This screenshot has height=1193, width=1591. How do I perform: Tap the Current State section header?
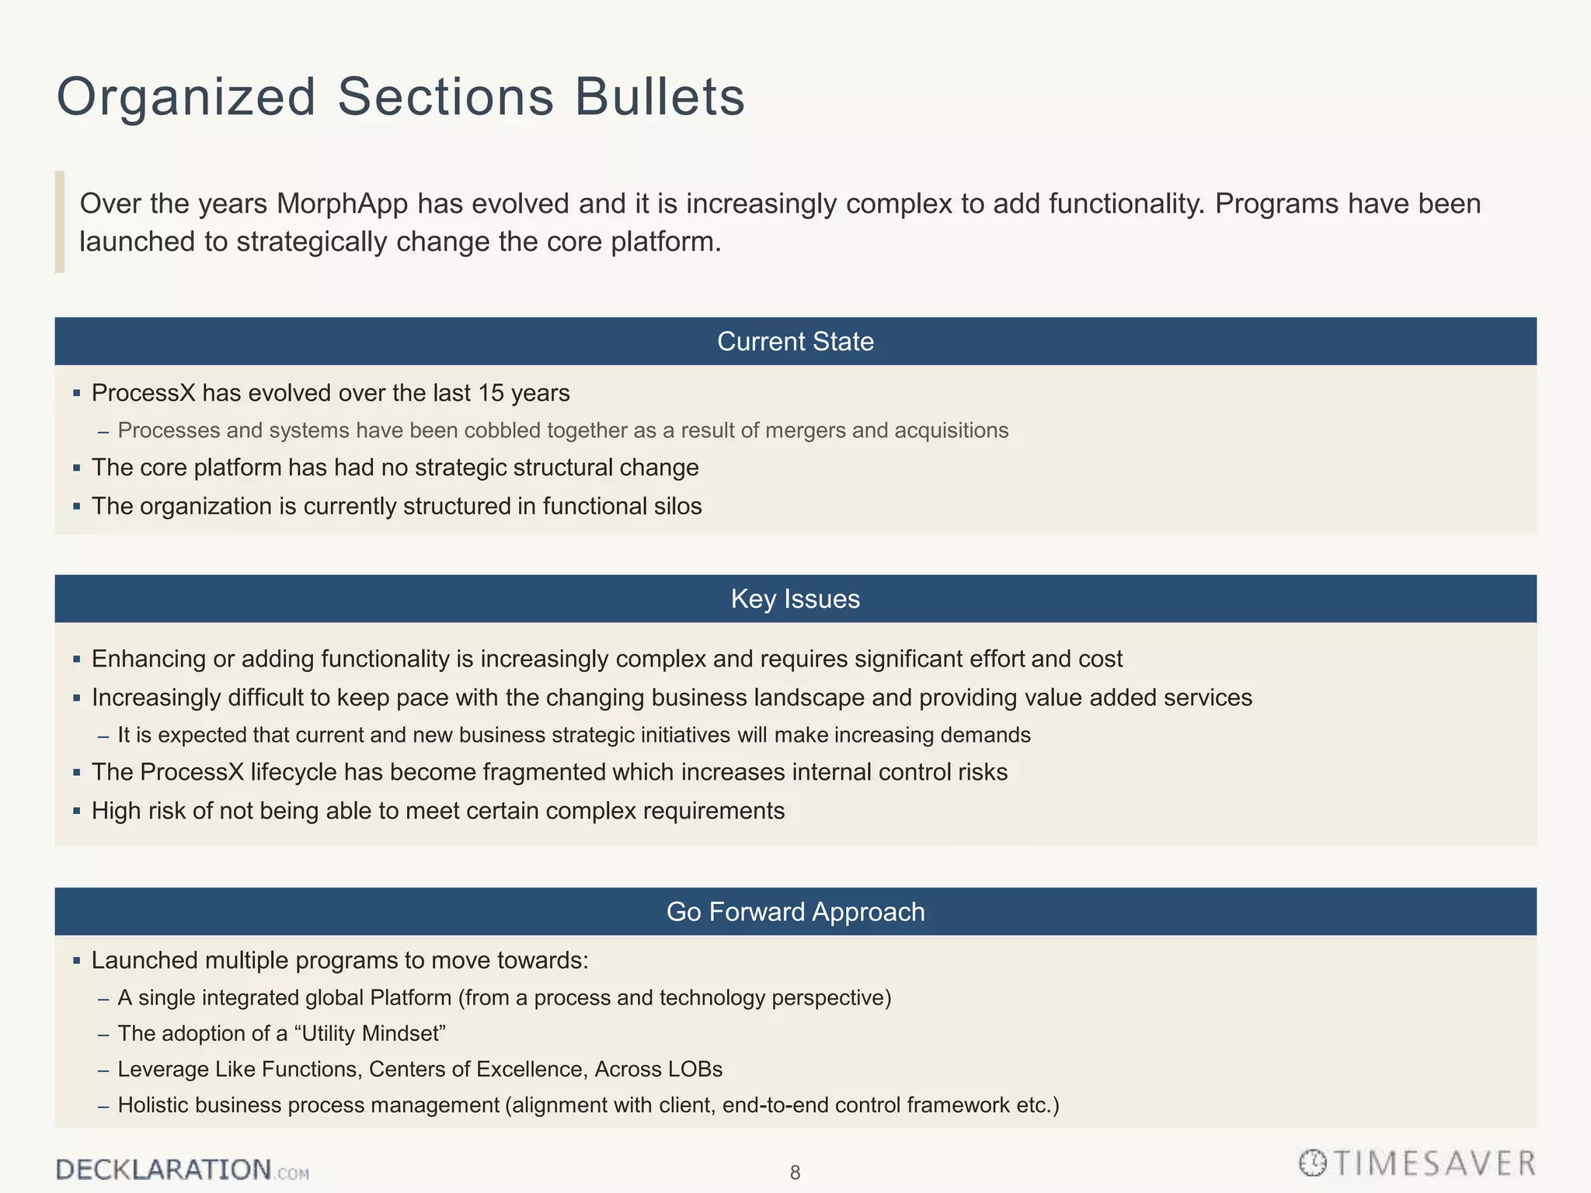point(795,342)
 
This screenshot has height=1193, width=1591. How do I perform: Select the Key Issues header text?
point(795,600)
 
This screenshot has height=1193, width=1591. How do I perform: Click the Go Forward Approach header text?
point(795,912)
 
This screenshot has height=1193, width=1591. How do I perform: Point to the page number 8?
point(795,1173)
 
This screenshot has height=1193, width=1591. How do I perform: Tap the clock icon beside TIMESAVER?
point(1313,1163)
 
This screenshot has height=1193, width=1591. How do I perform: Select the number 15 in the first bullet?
point(491,393)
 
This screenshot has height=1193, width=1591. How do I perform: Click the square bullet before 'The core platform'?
point(77,468)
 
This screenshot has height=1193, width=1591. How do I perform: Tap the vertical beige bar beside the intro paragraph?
point(60,222)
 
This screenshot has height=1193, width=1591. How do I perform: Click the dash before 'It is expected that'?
point(103,736)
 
